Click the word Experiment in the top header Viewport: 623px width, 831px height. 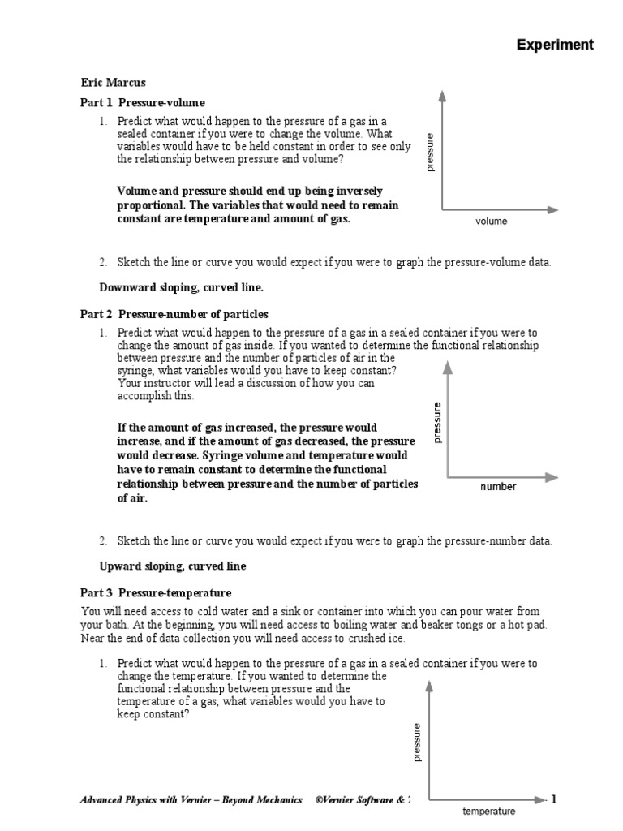tap(555, 45)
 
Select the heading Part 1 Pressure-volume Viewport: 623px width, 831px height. tap(142, 103)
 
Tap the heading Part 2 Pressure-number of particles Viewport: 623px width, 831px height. tap(173, 314)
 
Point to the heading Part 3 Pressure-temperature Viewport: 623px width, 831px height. tap(156, 593)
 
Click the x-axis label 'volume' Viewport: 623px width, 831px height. tap(491, 221)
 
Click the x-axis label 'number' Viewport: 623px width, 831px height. tap(497, 487)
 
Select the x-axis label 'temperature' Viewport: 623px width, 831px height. tap(488, 811)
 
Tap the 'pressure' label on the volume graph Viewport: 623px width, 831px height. tap(430, 152)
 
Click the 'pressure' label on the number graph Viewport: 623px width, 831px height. tap(437, 422)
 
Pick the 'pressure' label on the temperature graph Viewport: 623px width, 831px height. tap(417, 743)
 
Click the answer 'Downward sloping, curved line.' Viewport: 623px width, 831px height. tap(181, 287)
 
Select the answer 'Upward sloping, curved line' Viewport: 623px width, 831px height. tap(173, 566)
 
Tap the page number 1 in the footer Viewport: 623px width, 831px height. tap(554, 800)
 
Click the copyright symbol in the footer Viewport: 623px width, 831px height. tap(320, 800)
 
